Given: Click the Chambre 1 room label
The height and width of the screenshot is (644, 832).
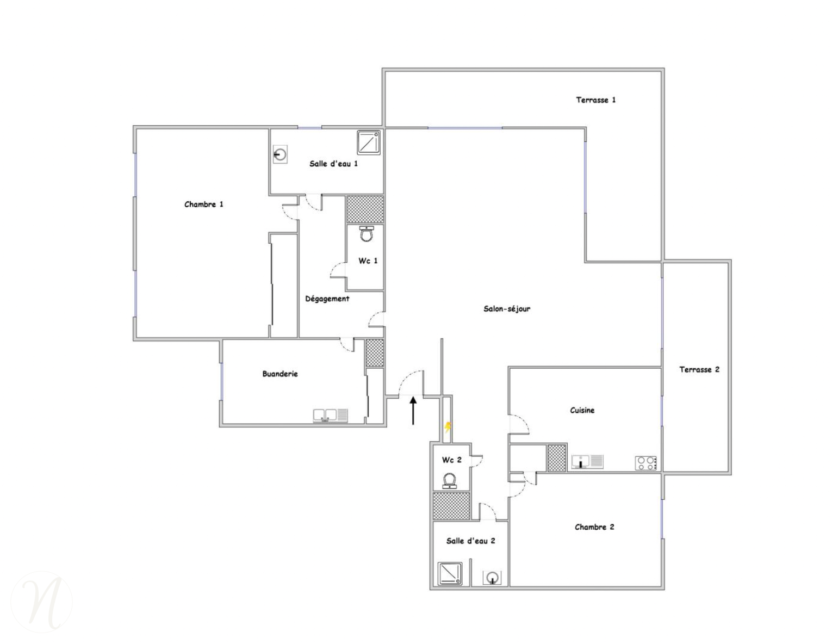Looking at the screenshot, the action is click(x=203, y=205).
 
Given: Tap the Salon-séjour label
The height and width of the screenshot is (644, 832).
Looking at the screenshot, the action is click(x=507, y=308).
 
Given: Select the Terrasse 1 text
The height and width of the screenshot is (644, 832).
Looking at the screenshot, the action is click(x=596, y=100).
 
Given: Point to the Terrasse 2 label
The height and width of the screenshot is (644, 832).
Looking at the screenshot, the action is click(x=699, y=369).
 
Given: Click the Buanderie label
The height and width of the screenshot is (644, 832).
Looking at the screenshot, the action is click(x=280, y=374).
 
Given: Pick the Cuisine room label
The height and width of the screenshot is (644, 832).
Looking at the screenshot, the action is click(x=582, y=410).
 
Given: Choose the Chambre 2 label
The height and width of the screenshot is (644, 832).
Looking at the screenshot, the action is click(x=594, y=527).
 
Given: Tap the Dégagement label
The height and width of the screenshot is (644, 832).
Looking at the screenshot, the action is click(x=327, y=299).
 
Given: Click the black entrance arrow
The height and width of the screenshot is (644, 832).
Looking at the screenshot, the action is click(x=413, y=411).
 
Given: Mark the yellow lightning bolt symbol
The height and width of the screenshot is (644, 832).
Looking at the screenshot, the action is click(x=448, y=427).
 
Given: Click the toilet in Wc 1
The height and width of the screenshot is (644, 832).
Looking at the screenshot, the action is click(x=367, y=233).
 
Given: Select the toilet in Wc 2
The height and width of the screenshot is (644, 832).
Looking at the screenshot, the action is click(x=449, y=481).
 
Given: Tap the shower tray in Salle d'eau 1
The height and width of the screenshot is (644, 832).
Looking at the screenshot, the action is click(x=369, y=143).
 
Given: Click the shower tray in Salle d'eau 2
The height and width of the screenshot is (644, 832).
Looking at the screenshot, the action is click(x=450, y=573).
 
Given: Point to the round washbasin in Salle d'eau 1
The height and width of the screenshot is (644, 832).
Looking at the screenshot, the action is click(x=280, y=154).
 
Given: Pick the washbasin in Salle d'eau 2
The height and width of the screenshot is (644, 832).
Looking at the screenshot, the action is click(x=492, y=578).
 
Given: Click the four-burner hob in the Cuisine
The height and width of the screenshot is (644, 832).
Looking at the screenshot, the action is click(x=646, y=463).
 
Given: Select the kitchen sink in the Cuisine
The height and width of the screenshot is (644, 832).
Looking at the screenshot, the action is click(x=587, y=461).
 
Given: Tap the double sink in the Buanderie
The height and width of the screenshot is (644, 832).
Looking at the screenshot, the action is click(x=331, y=416).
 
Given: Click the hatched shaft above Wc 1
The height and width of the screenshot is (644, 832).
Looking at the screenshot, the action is click(x=365, y=209).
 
